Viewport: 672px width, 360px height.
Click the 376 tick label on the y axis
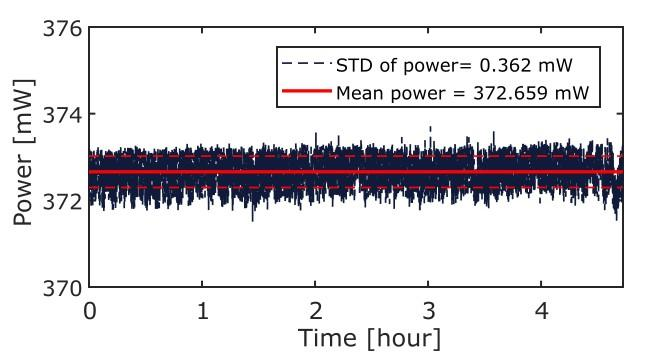point(62,29)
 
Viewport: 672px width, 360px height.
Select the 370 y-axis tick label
point(62,288)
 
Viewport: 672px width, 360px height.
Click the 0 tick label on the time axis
point(90,311)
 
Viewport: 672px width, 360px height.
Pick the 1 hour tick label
point(203,311)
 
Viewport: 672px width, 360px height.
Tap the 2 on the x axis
point(315,311)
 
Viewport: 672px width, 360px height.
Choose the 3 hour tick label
point(429,311)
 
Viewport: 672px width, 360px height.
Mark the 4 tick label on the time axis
point(542,311)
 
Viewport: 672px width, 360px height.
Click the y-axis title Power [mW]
point(24,153)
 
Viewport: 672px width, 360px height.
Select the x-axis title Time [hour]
point(369,338)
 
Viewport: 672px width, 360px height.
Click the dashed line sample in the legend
point(307,65)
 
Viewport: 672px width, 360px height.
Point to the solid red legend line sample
point(307,91)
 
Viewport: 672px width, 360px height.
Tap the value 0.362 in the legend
point(507,66)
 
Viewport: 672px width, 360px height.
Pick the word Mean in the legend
point(362,93)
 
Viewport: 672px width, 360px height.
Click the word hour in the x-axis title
point(403,338)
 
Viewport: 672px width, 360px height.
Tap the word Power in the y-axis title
point(24,190)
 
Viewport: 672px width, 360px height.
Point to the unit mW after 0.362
point(556,66)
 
